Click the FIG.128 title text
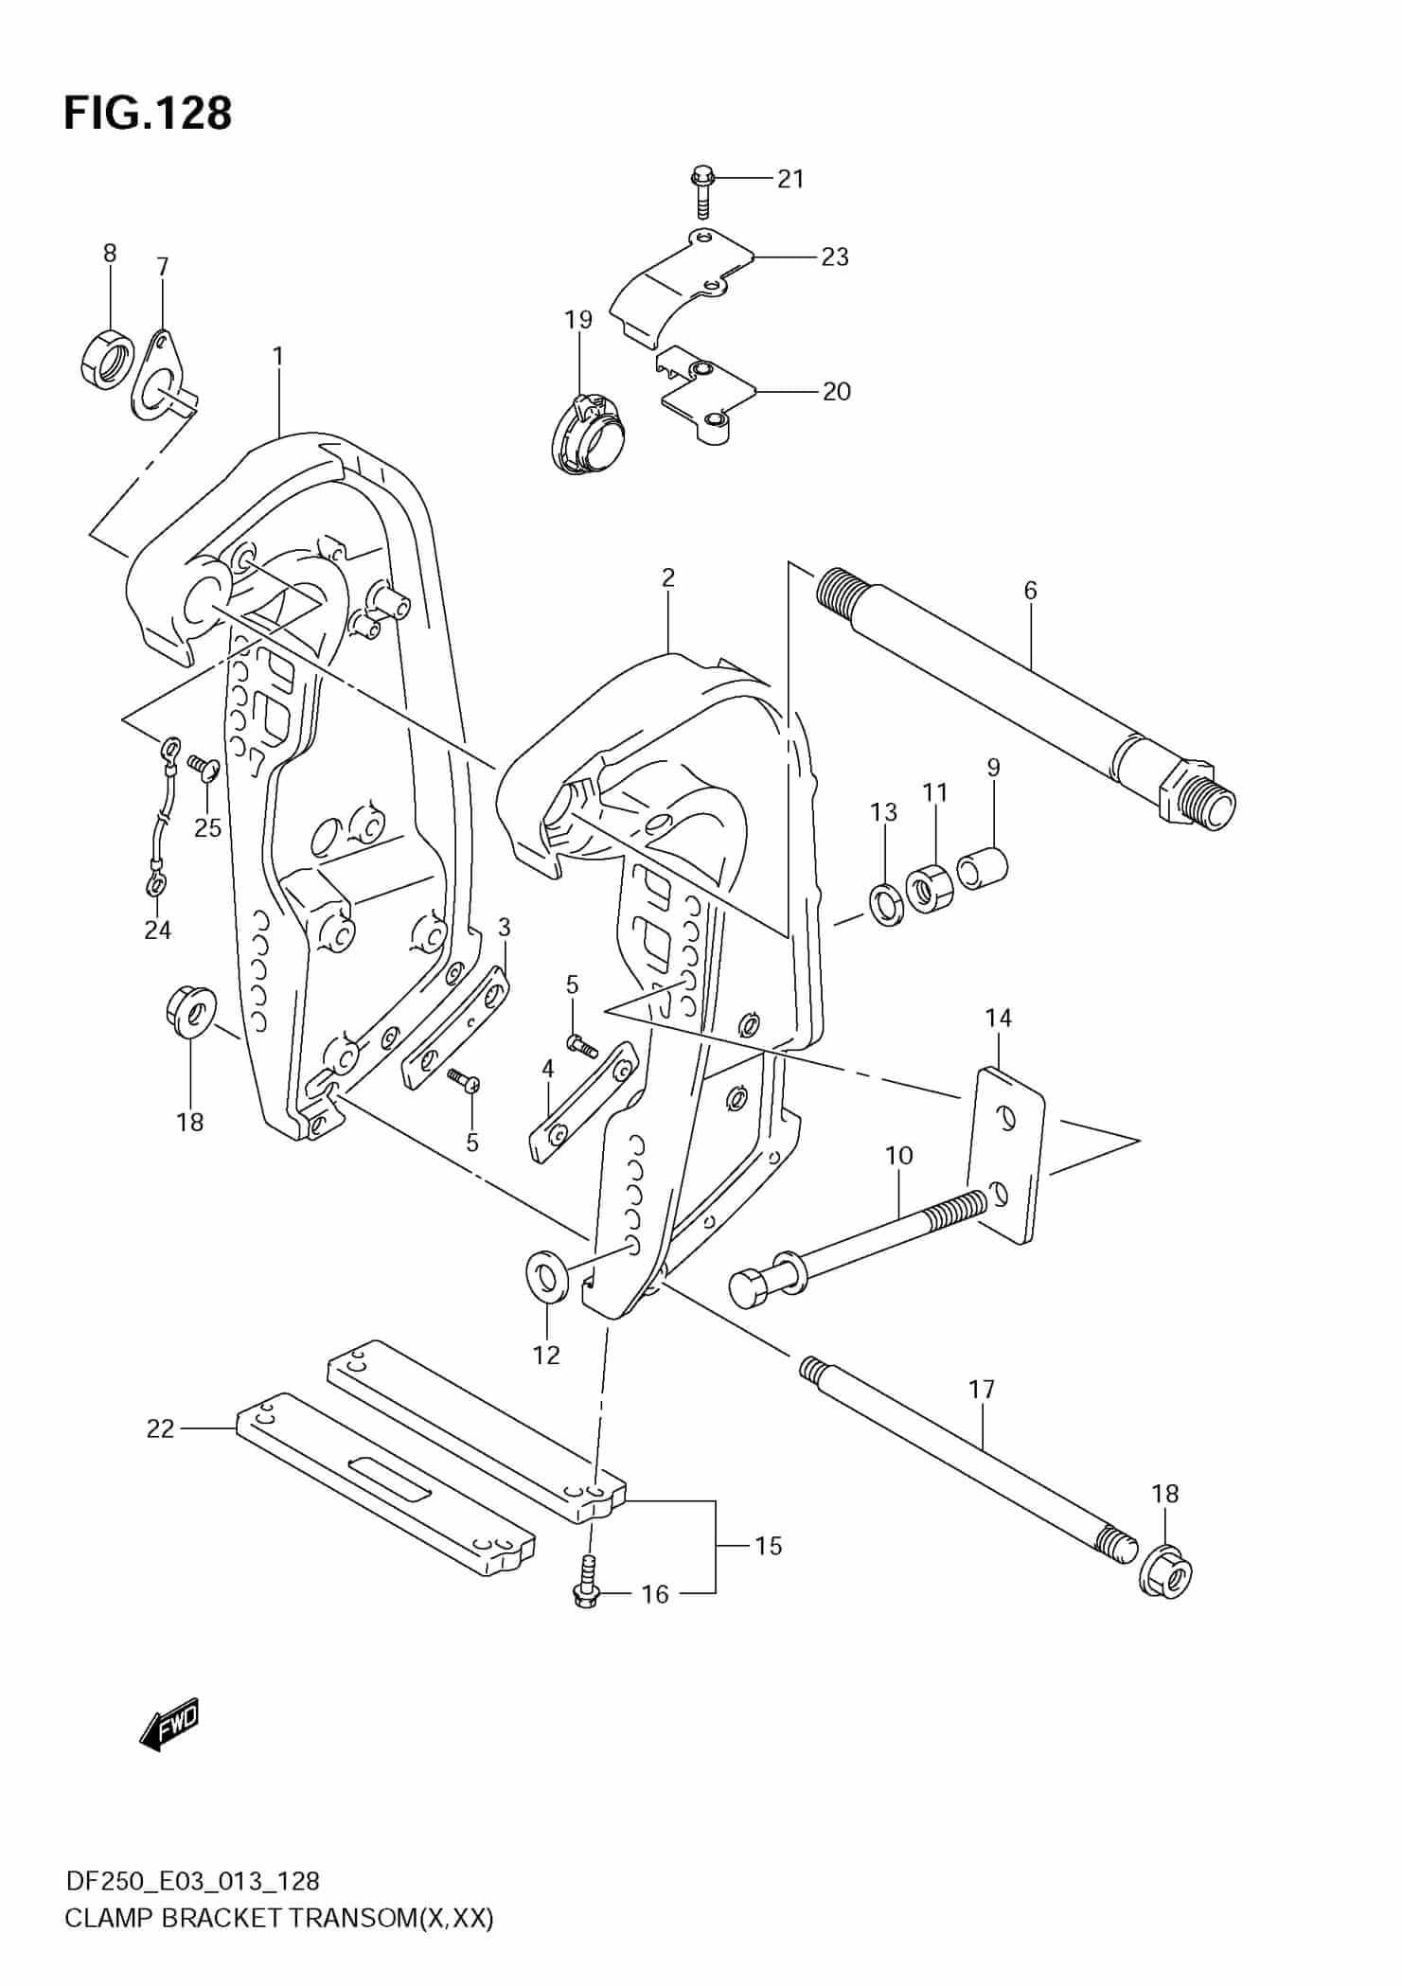point(148,114)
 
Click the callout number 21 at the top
point(790,179)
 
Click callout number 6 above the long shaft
point(1030,591)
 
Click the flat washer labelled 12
point(546,1275)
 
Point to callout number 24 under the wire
point(157,931)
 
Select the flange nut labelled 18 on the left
point(191,1013)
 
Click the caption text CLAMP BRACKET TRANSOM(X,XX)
point(279,1918)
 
